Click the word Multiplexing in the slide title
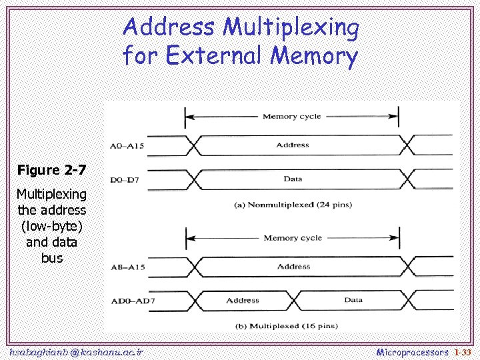[x=291, y=28]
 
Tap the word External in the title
[x=216, y=55]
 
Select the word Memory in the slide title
[x=315, y=57]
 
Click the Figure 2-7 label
[x=51, y=170]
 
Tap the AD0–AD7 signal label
[x=129, y=301]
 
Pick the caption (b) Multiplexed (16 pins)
[x=287, y=326]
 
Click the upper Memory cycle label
[x=291, y=117]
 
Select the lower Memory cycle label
[x=292, y=238]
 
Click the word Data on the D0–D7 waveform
[x=293, y=179]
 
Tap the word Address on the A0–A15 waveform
[x=292, y=145]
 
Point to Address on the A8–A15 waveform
[x=293, y=267]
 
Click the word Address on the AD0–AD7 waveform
[x=242, y=301]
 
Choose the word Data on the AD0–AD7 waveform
[x=353, y=300]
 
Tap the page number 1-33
[x=462, y=351]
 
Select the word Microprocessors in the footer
[x=412, y=351]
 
